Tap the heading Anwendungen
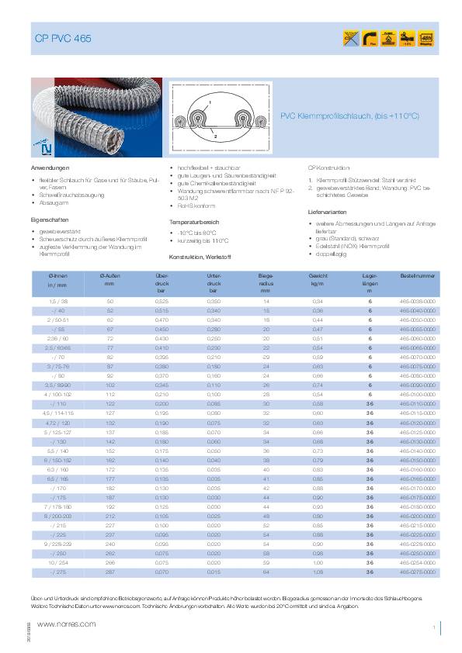click(x=50, y=168)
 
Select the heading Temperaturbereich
click(x=194, y=222)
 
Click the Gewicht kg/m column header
click(x=317, y=281)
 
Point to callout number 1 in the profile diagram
click(x=210, y=102)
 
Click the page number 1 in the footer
click(x=432, y=626)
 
